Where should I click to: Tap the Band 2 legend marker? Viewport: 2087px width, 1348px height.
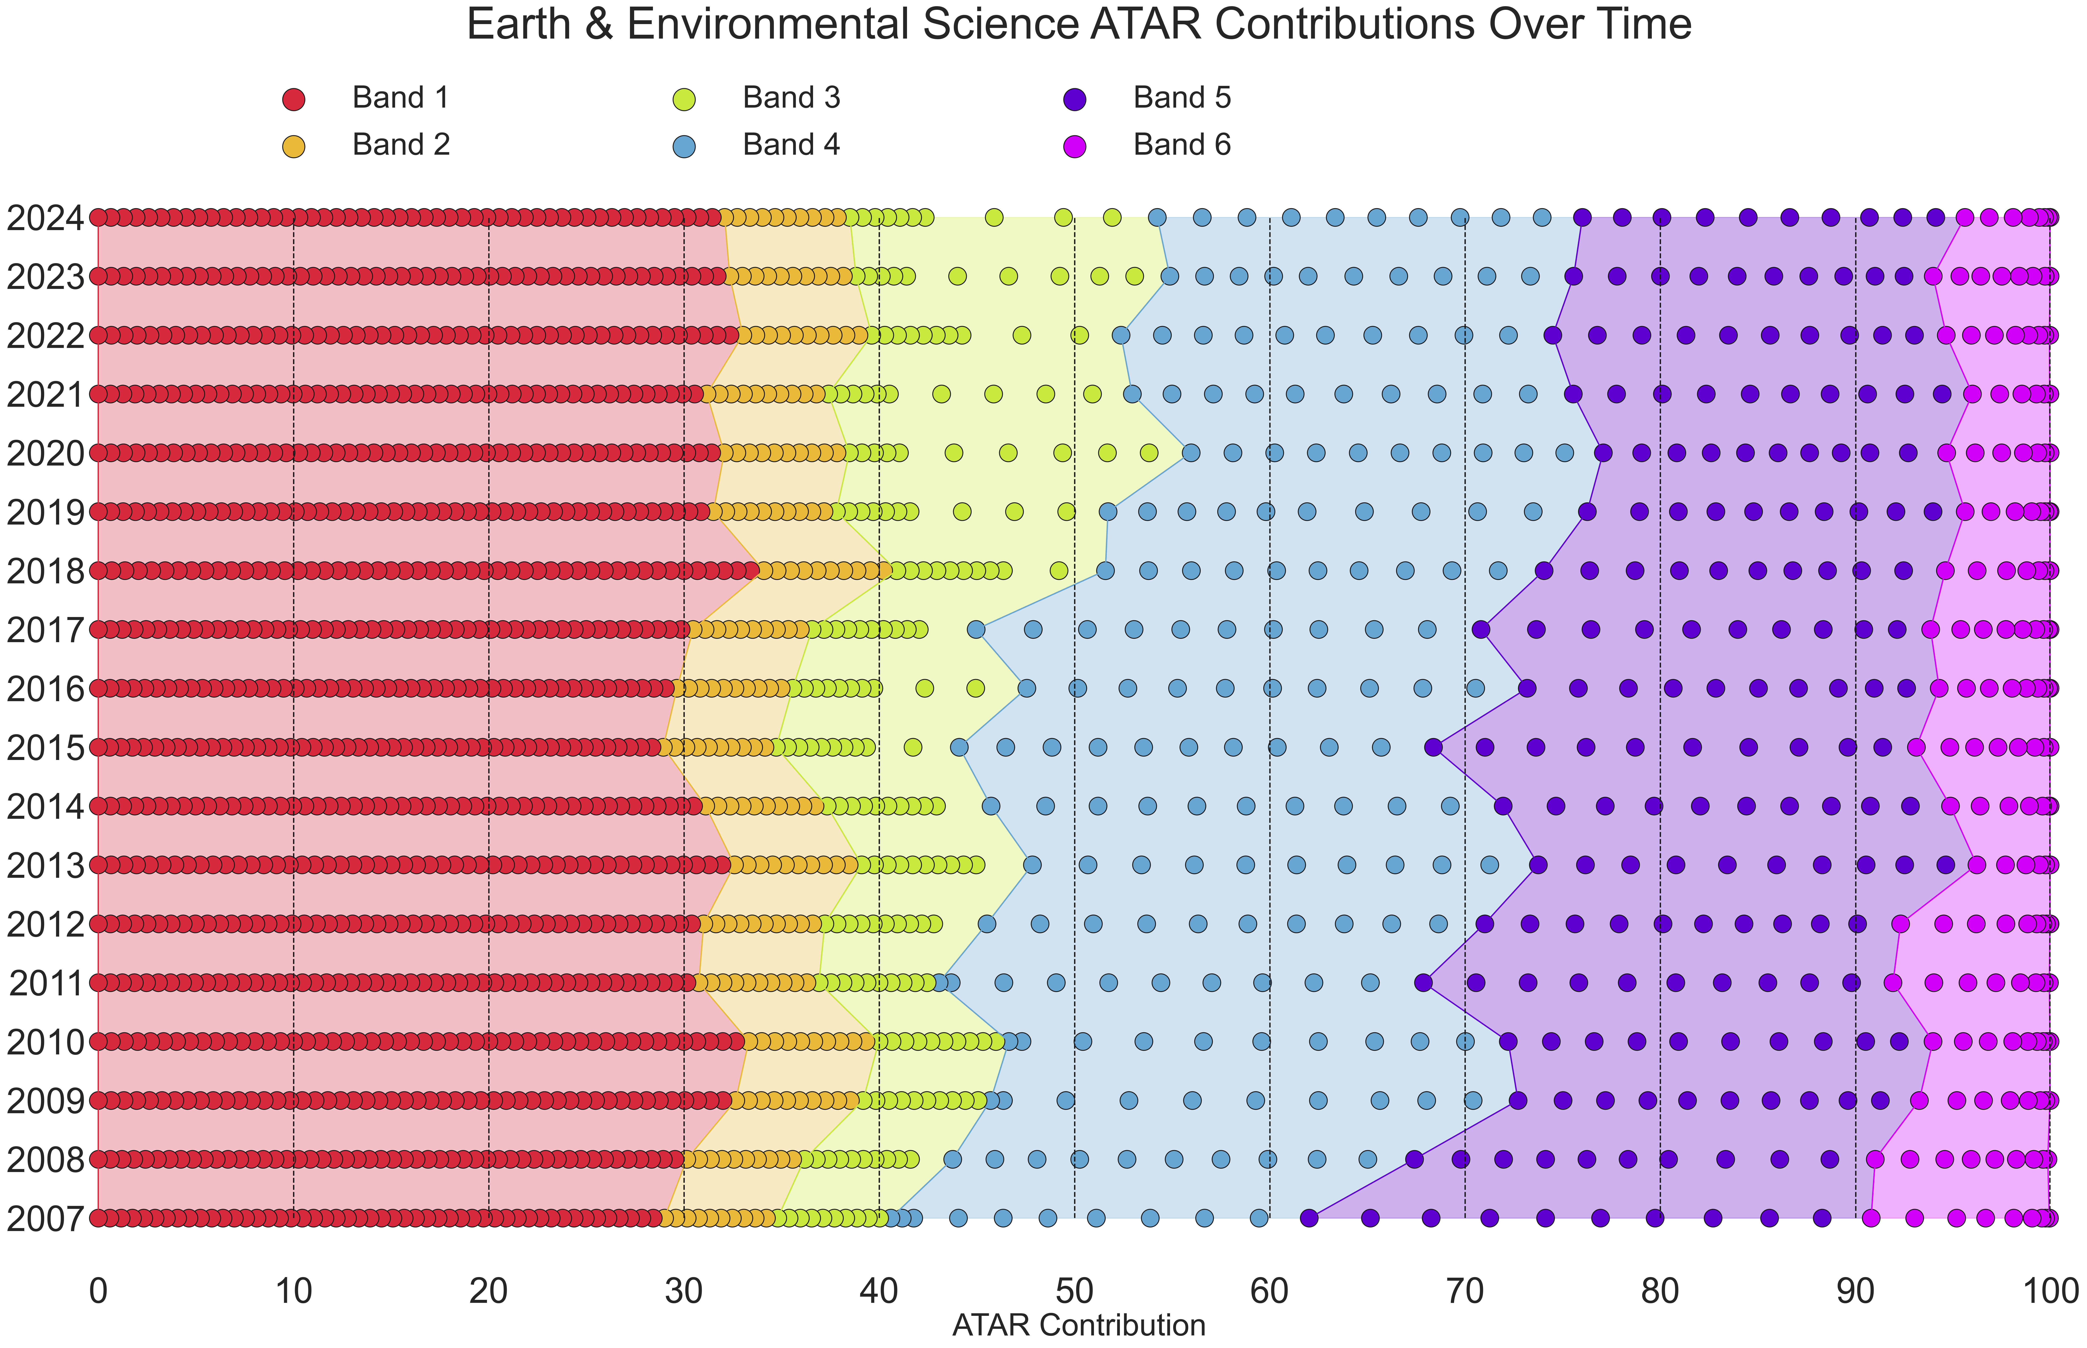click(294, 146)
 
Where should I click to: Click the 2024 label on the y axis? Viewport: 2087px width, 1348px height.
click(46, 218)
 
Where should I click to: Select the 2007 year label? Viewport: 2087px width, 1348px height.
click(46, 1218)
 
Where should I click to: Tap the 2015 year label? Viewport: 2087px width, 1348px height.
click(46, 748)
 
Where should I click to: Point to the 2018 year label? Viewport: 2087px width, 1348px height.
click(46, 572)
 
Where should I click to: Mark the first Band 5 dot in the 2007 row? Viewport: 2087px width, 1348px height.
click(1309, 1218)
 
